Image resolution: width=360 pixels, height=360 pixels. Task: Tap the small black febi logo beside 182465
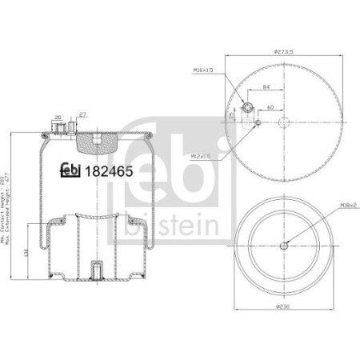click(x=70, y=169)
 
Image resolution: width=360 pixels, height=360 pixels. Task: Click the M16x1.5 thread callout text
click(x=203, y=71)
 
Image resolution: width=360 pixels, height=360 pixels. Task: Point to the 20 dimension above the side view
click(x=59, y=118)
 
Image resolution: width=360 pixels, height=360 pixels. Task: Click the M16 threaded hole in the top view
click(x=247, y=106)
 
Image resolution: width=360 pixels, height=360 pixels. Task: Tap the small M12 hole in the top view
click(x=258, y=122)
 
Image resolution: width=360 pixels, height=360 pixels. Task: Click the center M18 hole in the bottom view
click(x=283, y=246)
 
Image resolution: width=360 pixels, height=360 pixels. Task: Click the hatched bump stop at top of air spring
click(x=94, y=144)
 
